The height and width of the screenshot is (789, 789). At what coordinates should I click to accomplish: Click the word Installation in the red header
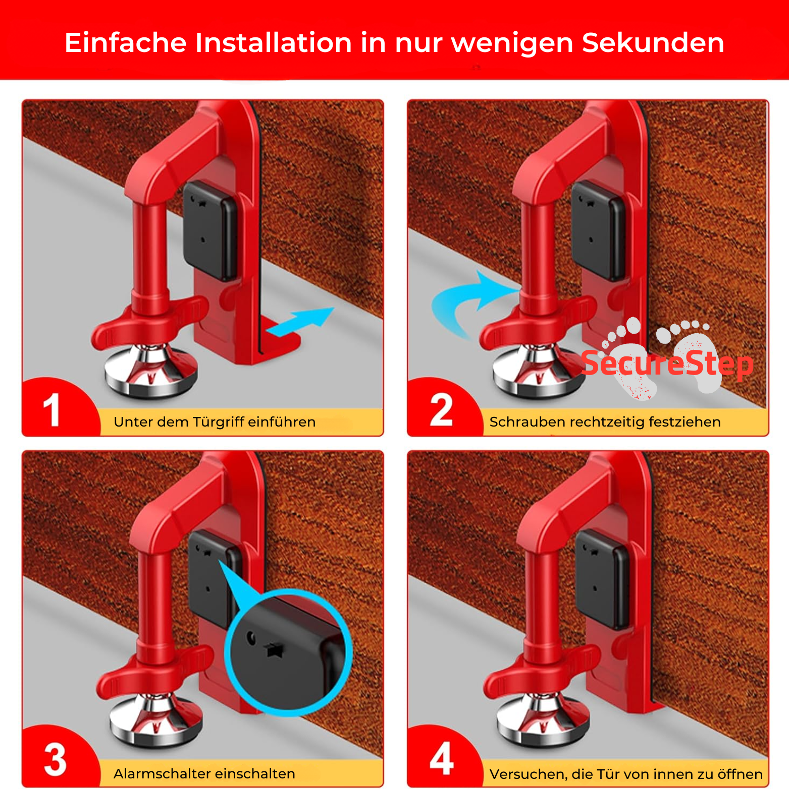[x=273, y=42]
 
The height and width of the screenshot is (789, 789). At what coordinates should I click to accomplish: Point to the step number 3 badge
[x=55, y=760]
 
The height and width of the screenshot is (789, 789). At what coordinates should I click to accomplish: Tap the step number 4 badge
[x=441, y=759]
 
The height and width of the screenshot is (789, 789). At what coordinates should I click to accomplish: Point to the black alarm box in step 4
[x=602, y=578]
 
